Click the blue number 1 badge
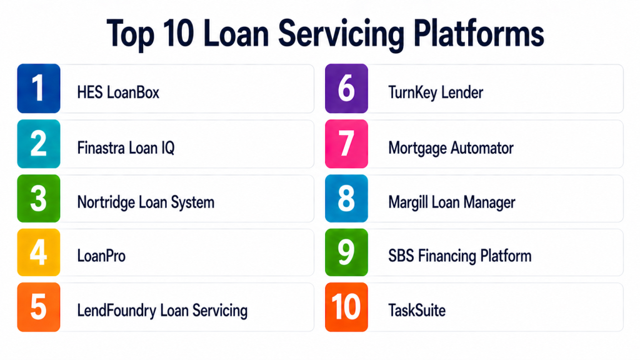pyautogui.click(x=39, y=88)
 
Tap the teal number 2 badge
pyautogui.click(x=39, y=144)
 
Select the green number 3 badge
pyautogui.click(x=39, y=198)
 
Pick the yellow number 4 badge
pyautogui.click(x=39, y=252)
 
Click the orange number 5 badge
pyautogui.click(x=39, y=307)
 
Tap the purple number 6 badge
pyautogui.click(x=346, y=88)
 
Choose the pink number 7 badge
pyautogui.click(x=346, y=144)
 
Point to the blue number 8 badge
pyautogui.click(x=346, y=198)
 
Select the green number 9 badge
pyautogui.click(x=346, y=252)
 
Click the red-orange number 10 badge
pyautogui.click(x=346, y=307)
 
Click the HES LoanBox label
pyautogui.click(x=118, y=92)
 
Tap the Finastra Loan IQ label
pyautogui.click(x=126, y=147)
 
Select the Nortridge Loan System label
pyautogui.click(x=146, y=202)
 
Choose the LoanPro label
pyautogui.click(x=101, y=256)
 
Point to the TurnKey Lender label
pyautogui.click(x=436, y=92)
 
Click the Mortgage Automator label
pyautogui.click(x=451, y=148)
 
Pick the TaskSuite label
pyautogui.click(x=417, y=311)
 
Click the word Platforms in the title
pyautogui.click(x=479, y=34)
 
